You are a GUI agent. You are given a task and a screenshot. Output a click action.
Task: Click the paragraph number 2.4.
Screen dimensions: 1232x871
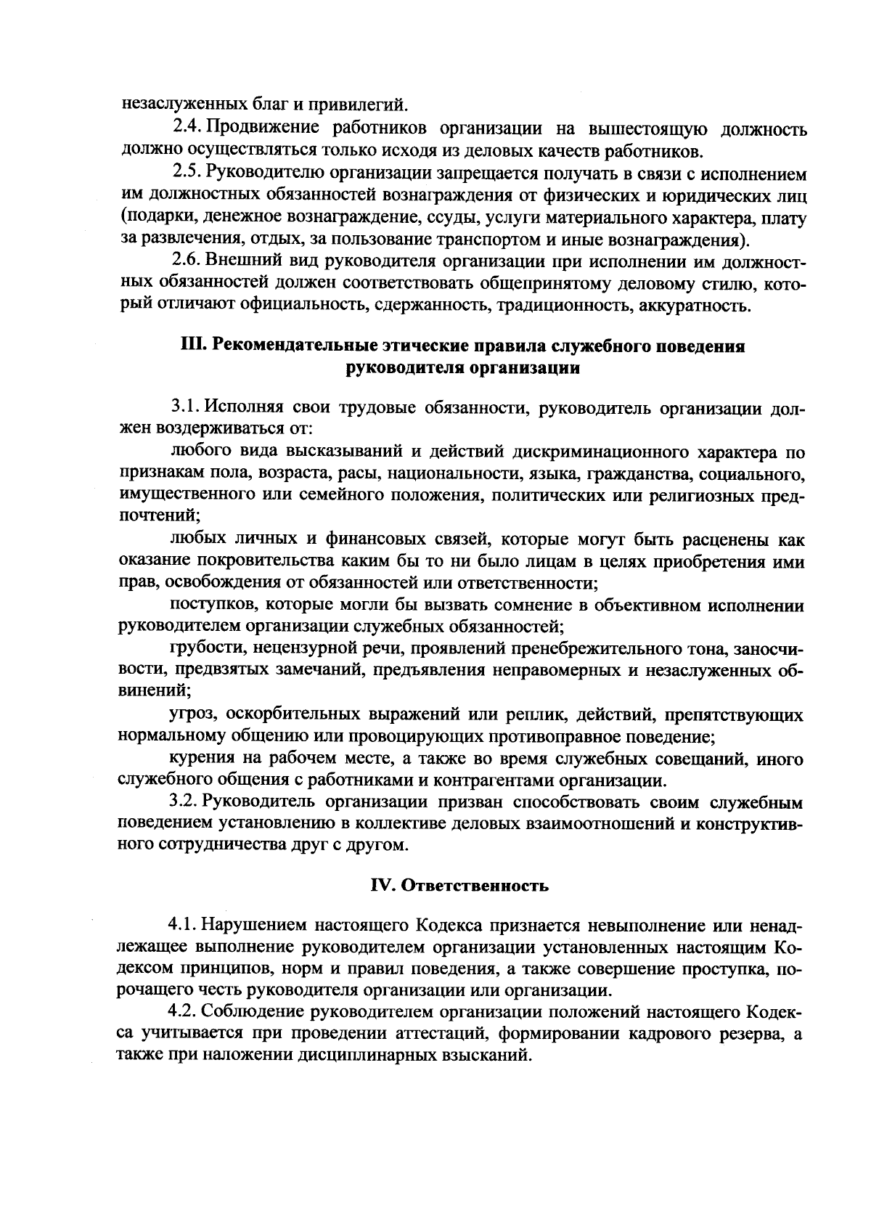point(187,129)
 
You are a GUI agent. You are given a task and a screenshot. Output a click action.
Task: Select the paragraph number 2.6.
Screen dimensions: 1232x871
point(186,259)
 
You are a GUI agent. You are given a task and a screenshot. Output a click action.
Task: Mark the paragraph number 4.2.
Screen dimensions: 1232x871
point(182,1011)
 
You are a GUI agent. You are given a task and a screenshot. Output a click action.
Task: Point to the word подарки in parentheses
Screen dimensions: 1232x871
point(163,217)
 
